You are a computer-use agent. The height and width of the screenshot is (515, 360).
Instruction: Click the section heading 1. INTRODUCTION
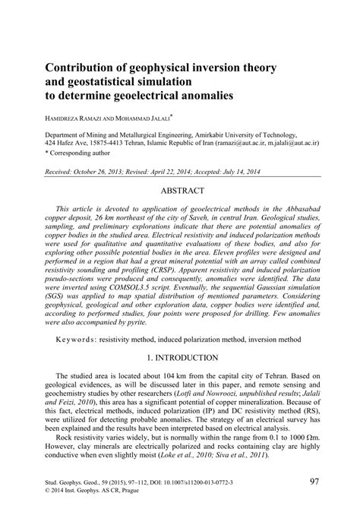pos(179,357)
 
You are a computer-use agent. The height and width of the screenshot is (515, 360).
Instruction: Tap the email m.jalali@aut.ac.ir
pos(302,142)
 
